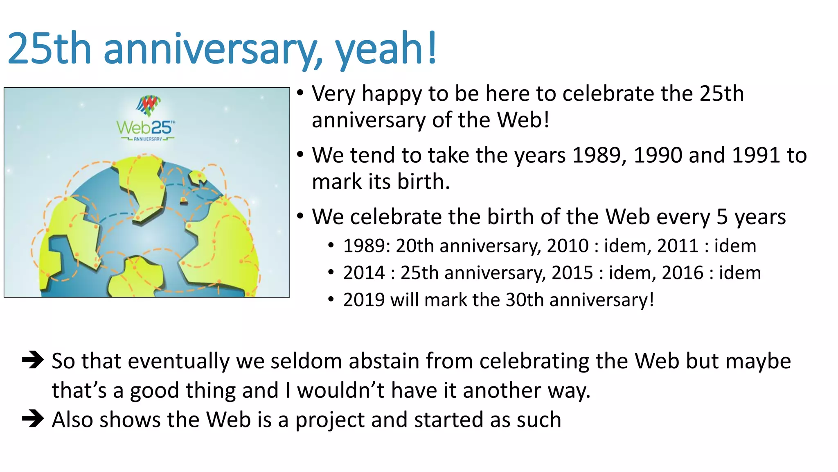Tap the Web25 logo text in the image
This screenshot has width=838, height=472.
point(146,128)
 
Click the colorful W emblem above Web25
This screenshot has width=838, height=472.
point(148,105)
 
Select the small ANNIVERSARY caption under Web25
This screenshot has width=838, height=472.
point(148,139)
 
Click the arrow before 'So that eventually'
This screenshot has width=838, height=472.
point(33,360)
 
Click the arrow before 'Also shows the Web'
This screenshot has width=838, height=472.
point(33,419)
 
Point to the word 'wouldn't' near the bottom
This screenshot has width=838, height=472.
point(340,390)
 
